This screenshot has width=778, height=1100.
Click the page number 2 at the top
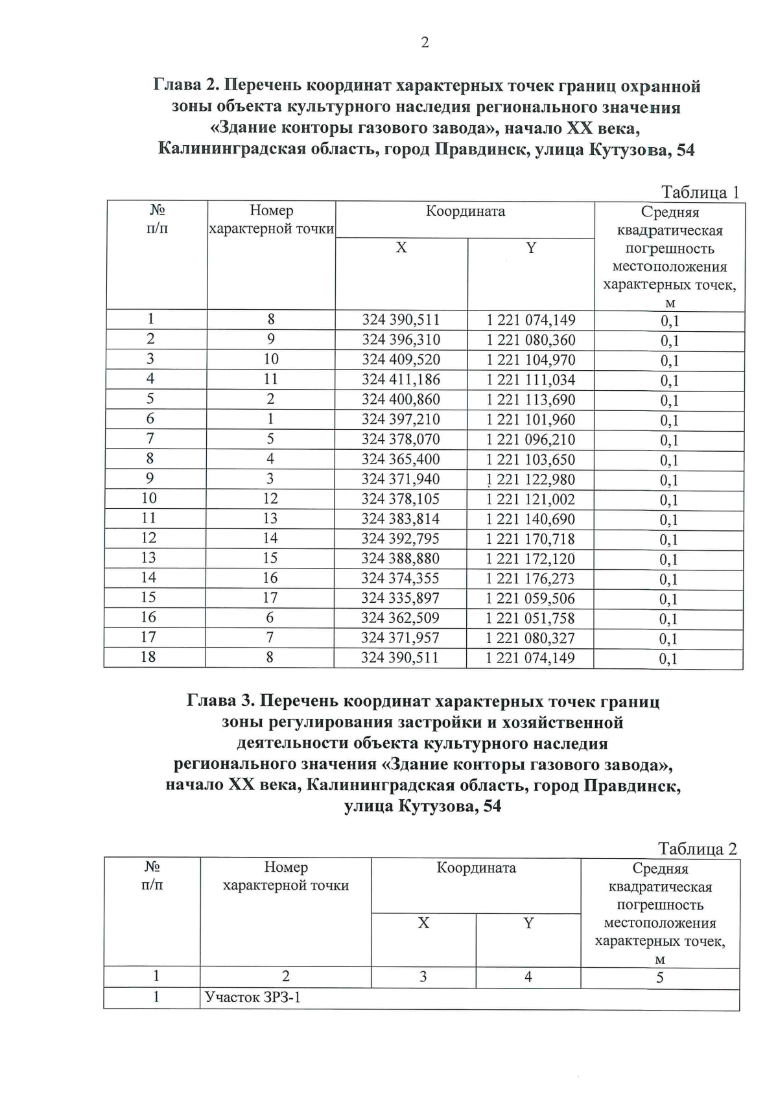425,43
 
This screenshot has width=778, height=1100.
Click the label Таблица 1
700,193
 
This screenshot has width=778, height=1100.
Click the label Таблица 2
697,849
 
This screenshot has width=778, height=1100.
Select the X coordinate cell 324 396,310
401,340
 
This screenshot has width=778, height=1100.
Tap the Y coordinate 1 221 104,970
530,360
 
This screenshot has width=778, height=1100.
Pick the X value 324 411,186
401,379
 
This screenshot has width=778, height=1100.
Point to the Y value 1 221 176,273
530,578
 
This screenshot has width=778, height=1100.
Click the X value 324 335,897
400,598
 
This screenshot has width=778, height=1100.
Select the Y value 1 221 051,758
530,618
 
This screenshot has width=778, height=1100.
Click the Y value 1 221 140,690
530,519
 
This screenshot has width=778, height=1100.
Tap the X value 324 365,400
401,459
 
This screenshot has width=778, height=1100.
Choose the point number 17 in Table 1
270,598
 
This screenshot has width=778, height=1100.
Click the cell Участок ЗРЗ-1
253,998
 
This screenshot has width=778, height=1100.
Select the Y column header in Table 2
528,923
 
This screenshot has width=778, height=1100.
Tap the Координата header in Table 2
476,868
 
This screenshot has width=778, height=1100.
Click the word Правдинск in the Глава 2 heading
477,150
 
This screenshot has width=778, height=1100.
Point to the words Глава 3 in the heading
220,701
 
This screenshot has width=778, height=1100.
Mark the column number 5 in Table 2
659,977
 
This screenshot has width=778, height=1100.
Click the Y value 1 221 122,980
530,479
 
